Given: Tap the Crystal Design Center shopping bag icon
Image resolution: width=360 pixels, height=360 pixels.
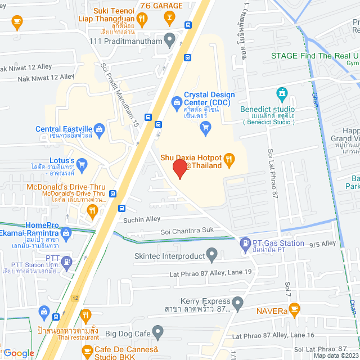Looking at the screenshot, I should (x=177, y=102).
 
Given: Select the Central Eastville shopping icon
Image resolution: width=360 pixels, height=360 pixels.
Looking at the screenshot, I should (x=99, y=129).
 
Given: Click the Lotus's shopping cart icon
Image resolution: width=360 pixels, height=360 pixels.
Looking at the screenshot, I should (x=82, y=164).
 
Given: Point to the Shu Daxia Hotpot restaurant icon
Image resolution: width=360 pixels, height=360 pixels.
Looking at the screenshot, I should (x=228, y=159).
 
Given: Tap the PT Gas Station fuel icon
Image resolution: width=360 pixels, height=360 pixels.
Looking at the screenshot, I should (x=245, y=244).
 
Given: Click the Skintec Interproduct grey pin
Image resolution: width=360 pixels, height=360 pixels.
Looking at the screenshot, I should (x=211, y=255).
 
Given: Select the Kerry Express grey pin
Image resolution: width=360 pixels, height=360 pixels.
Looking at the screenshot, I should (x=237, y=304).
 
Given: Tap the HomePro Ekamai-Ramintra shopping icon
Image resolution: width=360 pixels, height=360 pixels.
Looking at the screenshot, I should (x=66, y=231).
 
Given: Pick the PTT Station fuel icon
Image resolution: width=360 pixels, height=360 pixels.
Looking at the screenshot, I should (x=66, y=261).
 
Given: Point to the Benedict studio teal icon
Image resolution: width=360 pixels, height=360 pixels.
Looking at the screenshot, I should (x=281, y=93).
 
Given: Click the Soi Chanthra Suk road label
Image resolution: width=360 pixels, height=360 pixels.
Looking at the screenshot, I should (x=187, y=230).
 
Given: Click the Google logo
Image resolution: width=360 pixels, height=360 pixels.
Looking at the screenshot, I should (x=19, y=353).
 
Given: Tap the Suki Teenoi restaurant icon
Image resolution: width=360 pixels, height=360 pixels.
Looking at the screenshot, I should (x=143, y=19).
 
